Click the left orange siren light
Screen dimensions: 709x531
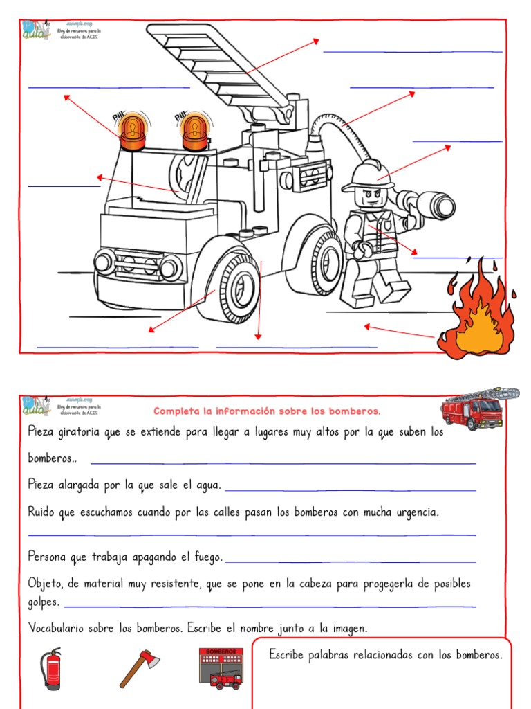[132, 132]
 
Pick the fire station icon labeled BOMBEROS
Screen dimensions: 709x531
[221, 668]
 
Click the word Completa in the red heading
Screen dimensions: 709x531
[176, 411]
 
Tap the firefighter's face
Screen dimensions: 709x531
[370, 197]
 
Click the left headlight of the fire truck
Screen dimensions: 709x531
[104, 262]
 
